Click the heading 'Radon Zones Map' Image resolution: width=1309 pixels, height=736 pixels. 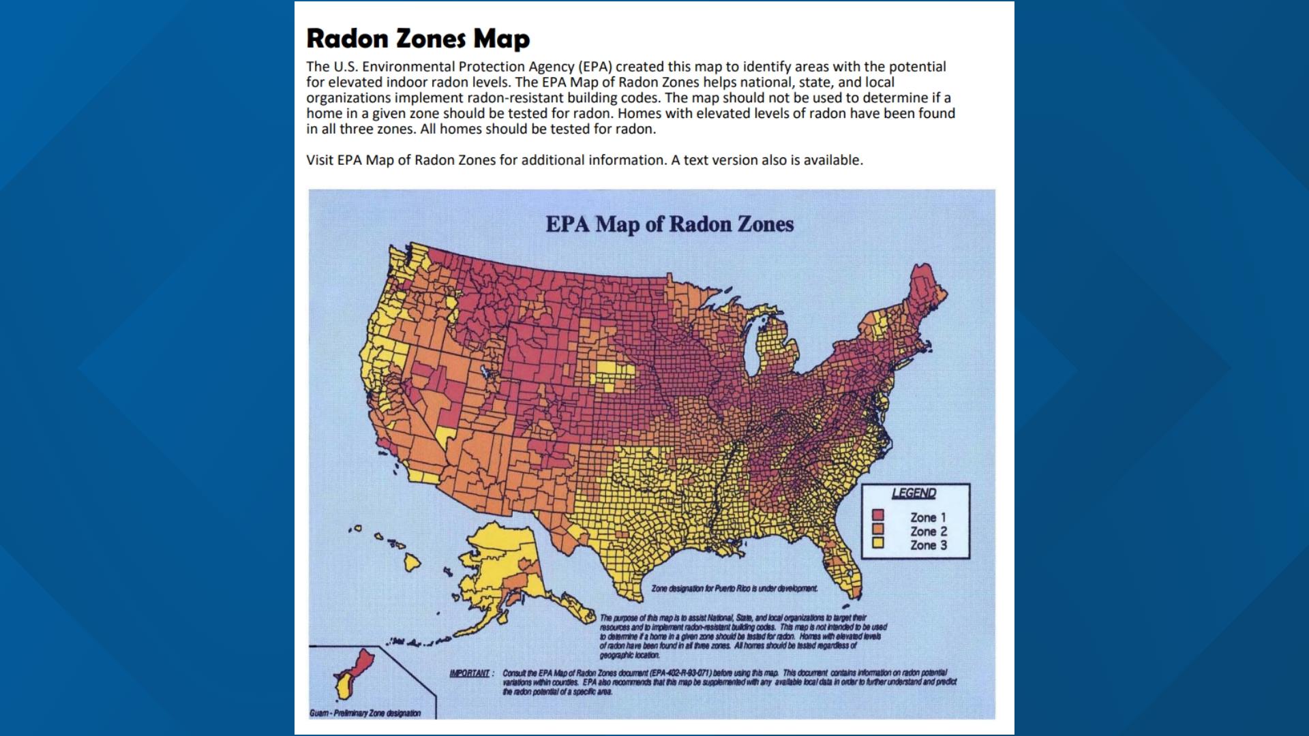coord(417,39)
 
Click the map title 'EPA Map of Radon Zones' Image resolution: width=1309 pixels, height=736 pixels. coord(669,224)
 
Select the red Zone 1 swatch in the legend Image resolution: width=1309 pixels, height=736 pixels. coord(878,516)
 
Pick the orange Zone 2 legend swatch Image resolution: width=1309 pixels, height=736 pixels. coord(878,530)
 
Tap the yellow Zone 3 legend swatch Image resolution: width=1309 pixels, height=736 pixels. coord(878,543)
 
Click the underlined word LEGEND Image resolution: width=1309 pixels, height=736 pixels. coord(914,493)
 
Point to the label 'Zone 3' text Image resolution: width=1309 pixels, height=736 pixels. coord(928,545)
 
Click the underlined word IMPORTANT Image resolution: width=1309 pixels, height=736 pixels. coord(470,673)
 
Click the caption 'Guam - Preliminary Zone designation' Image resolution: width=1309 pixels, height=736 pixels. coord(365,714)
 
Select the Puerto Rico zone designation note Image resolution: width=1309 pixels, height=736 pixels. coord(734,589)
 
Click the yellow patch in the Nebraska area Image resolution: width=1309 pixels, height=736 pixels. coord(615,374)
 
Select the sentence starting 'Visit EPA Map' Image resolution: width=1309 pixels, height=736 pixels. coord(584,160)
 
